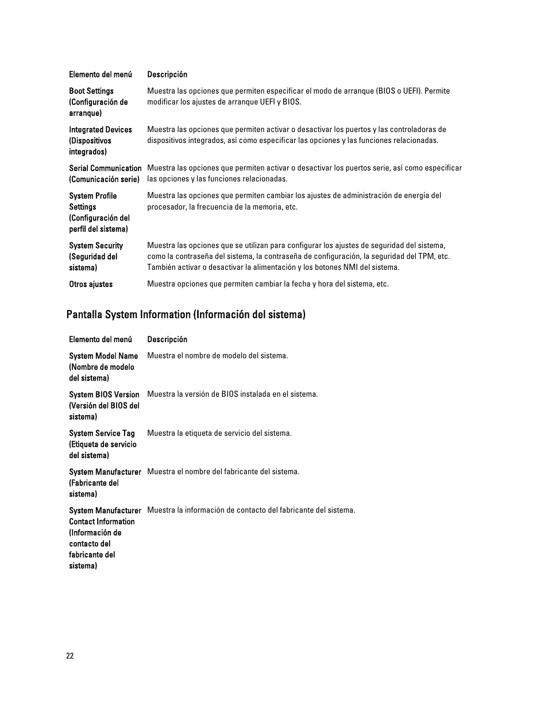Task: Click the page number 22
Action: tap(70, 656)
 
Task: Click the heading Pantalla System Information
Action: tap(186, 315)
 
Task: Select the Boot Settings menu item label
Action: tap(98, 102)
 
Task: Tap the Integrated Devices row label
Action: tap(101, 141)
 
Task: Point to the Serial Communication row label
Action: tap(105, 173)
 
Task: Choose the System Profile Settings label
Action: tap(99, 212)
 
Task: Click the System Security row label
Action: tap(96, 256)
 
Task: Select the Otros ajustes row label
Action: tap(91, 284)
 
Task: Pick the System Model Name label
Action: tap(103, 367)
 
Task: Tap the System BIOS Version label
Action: tap(104, 405)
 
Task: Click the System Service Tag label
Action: tap(103, 444)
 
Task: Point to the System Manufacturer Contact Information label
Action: tap(105, 538)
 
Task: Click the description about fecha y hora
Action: tap(268, 284)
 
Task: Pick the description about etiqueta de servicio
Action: tap(219, 433)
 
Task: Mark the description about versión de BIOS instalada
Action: tap(232, 394)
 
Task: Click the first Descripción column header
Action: tap(167, 75)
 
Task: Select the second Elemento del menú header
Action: tap(101, 339)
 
